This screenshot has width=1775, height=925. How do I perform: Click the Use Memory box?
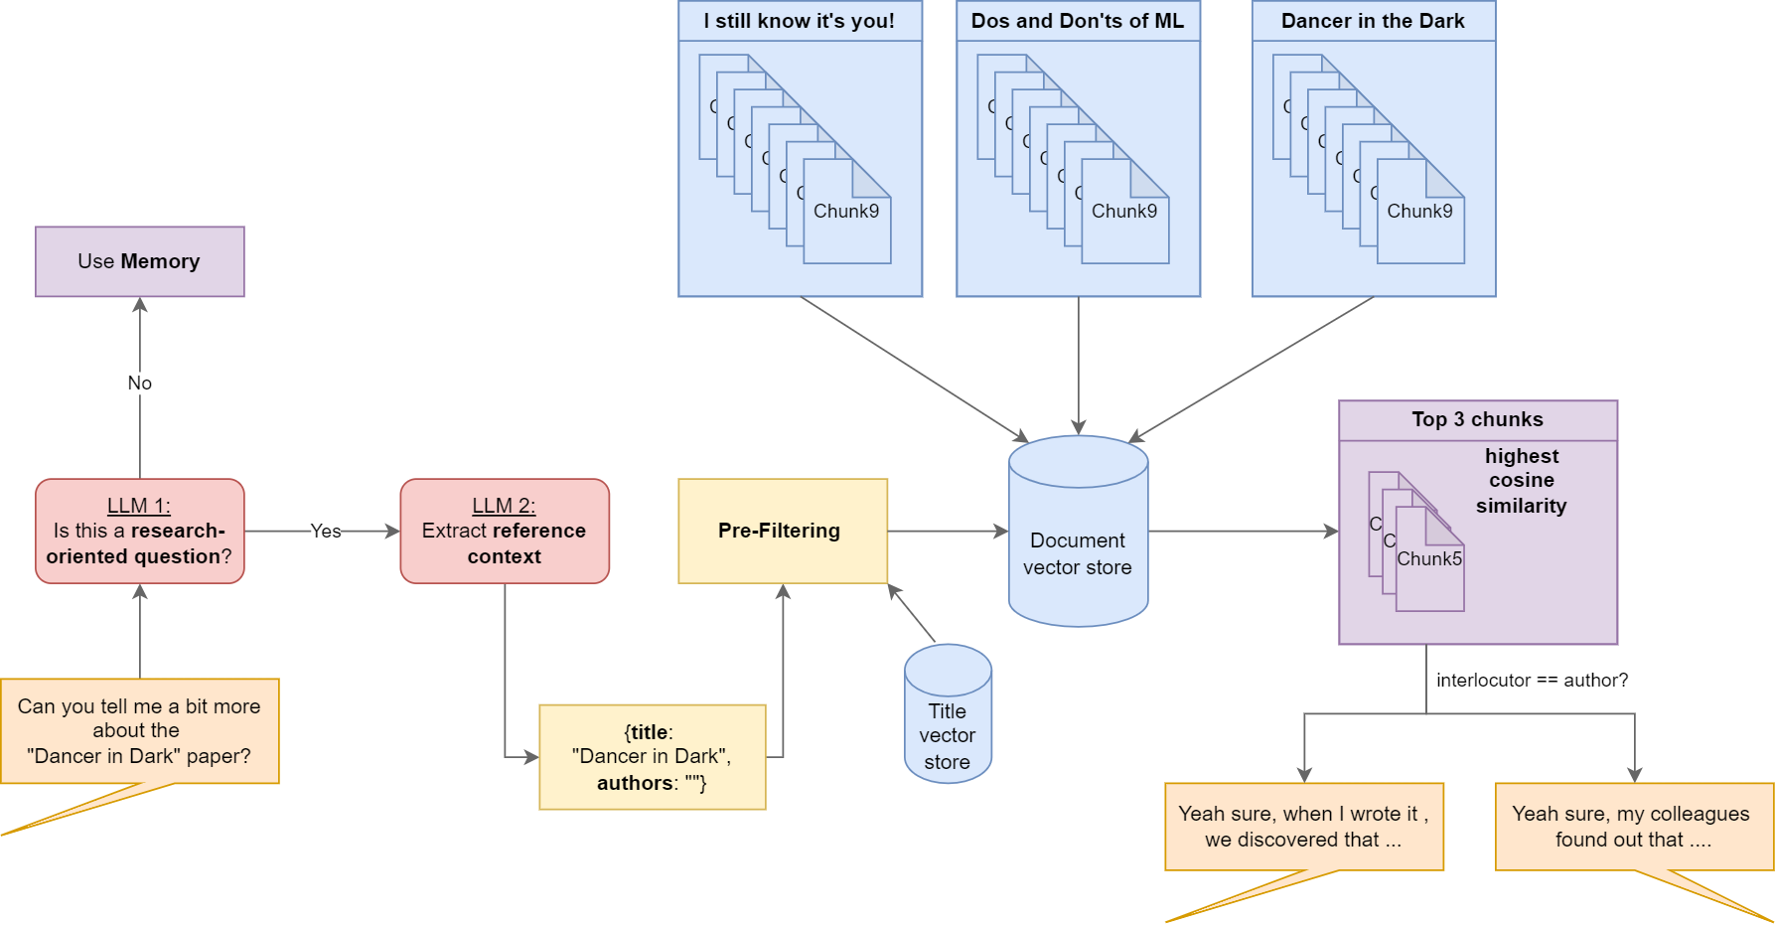[x=140, y=261]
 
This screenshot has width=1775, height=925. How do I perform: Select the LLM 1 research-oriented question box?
[x=140, y=531]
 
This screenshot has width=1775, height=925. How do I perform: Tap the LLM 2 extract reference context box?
[x=505, y=531]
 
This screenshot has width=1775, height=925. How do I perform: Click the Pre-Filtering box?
[x=783, y=531]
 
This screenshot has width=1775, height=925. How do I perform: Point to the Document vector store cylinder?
[x=1079, y=531]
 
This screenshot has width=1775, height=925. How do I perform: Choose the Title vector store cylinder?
[x=948, y=713]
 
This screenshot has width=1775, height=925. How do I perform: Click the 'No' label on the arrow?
[x=140, y=383]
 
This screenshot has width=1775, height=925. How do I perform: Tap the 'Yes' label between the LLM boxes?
[x=326, y=531]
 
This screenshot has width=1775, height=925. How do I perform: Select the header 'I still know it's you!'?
[x=800, y=21]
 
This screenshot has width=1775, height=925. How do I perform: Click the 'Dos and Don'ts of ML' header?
[x=1078, y=21]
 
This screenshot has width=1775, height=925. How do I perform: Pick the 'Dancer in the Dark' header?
[x=1373, y=21]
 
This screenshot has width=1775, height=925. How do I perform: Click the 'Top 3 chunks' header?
[x=1478, y=419]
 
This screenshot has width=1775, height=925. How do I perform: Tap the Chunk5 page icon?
[x=1429, y=559]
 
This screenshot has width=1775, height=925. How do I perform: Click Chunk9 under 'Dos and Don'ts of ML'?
[x=1124, y=212]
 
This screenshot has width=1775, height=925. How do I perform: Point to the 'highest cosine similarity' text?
[x=1522, y=481]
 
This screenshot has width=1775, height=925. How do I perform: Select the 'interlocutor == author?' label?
[x=1532, y=680]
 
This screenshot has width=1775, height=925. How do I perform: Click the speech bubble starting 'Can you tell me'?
[x=140, y=731]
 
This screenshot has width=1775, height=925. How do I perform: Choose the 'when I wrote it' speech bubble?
[x=1304, y=827]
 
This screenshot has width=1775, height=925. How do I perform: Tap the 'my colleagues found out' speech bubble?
[x=1635, y=827]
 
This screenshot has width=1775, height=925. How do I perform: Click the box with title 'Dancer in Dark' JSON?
[x=653, y=757]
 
